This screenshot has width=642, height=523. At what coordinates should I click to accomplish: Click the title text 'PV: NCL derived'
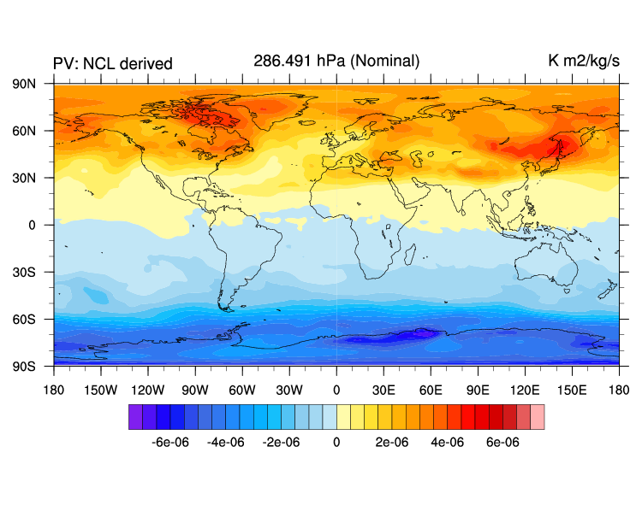point(113,63)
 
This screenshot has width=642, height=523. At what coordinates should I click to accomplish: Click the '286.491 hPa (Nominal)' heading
point(336,61)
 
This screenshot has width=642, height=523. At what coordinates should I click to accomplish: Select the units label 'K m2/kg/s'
point(583,62)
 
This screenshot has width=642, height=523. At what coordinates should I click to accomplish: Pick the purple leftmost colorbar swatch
point(135,417)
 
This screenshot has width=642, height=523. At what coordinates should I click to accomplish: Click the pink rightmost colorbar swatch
point(537,417)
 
